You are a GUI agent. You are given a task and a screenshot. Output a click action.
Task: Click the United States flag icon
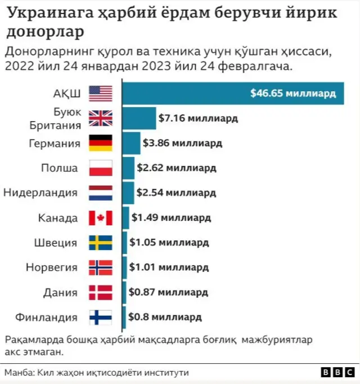[101, 93]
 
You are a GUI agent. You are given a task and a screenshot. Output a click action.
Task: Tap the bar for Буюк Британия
[139, 118]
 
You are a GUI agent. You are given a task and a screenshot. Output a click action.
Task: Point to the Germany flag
[101, 143]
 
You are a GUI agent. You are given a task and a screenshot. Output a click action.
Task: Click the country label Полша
[59, 168]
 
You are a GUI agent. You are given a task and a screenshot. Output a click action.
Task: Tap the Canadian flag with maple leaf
[101, 218]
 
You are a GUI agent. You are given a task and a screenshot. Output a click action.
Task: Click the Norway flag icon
[101, 267]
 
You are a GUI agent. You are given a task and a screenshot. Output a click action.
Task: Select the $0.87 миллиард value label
[168, 292]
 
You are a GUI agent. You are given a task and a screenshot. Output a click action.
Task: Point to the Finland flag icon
[101, 317]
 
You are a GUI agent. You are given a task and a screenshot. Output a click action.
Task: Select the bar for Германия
[131, 143]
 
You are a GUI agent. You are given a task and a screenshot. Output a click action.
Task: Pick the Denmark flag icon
[101, 292]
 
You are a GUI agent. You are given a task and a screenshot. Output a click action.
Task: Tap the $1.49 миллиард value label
[171, 218]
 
